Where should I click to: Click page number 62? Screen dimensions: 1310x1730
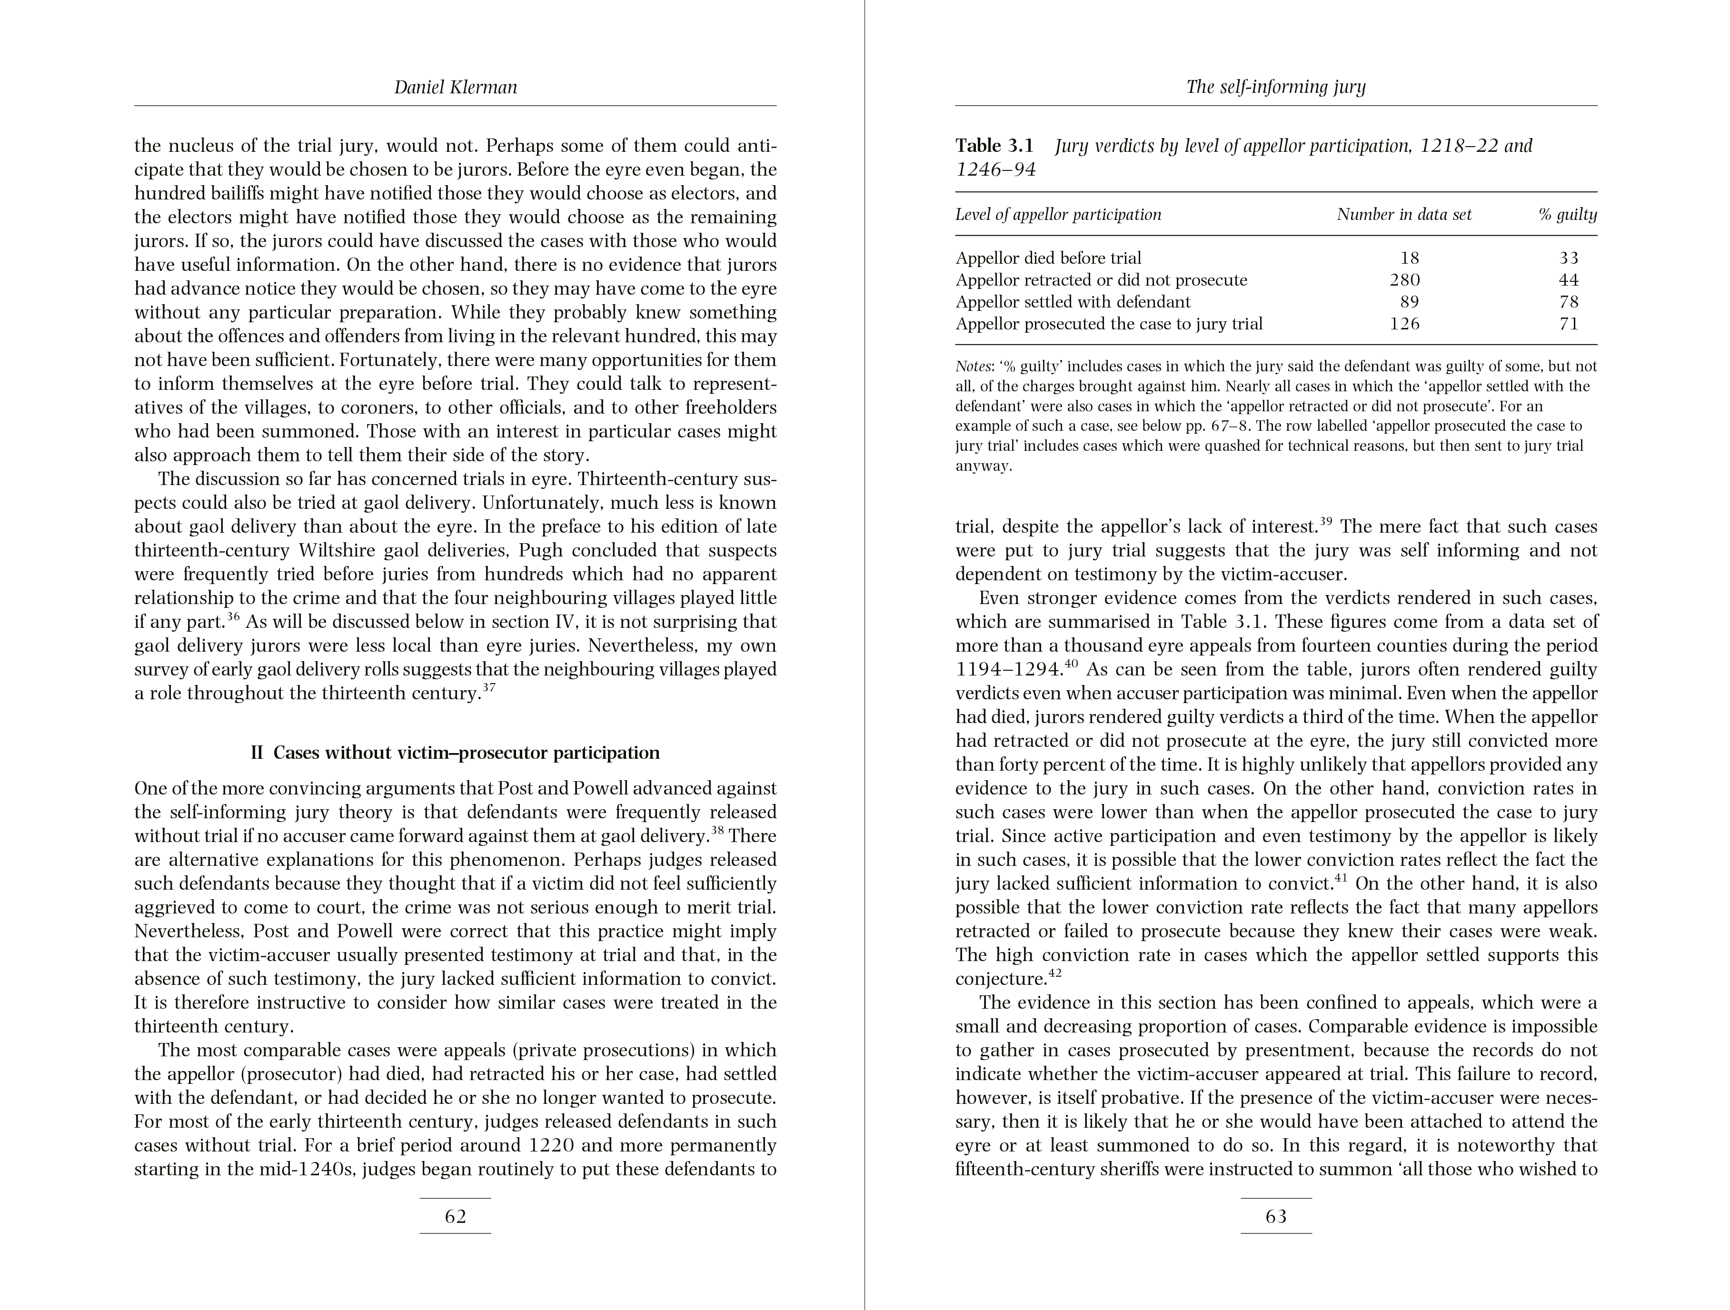coord(455,1216)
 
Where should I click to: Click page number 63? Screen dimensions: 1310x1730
coord(1276,1216)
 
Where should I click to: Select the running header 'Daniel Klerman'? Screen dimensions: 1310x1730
coord(455,87)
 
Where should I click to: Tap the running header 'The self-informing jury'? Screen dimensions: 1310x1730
coord(1276,87)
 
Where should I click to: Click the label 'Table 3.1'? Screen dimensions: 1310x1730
coord(994,146)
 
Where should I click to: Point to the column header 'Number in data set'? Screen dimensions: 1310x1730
coord(1404,214)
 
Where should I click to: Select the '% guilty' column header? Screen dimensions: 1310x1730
coord(1567,214)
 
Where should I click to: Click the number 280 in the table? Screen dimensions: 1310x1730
coord(1405,280)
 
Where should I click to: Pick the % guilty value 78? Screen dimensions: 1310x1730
coord(1569,302)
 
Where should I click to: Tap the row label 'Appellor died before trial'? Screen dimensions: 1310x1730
coord(1048,258)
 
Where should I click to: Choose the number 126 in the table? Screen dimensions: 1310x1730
coord(1405,324)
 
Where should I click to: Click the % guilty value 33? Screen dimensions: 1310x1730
coord(1569,258)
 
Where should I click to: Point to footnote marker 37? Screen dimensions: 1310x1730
coord(489,688)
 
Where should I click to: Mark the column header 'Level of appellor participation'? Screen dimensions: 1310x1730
coord(1058,214)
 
